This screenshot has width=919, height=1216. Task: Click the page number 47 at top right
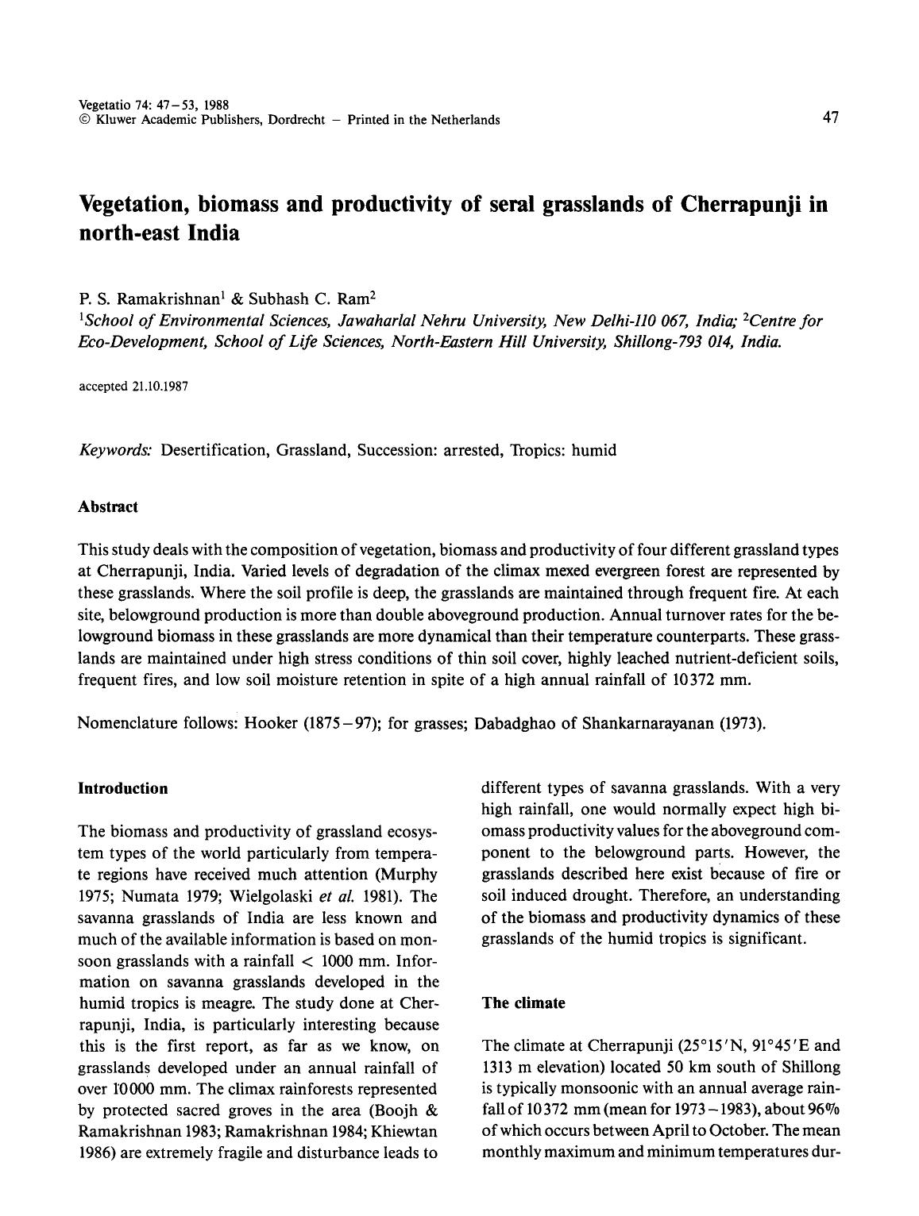tap(830, 117)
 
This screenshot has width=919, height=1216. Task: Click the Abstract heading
tap(108, 506)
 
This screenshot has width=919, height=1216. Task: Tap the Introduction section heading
tap(123, 788)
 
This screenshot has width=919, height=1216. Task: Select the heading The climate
tap(523, 1002)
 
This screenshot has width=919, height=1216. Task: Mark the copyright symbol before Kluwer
tap(84, 121)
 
